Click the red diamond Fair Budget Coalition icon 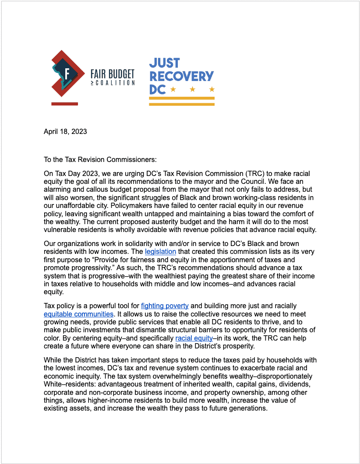67,74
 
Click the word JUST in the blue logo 164,63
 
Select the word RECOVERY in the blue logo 181,76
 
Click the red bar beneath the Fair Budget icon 64,104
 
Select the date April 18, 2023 65,132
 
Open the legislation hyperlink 160,252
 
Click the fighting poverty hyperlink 165,306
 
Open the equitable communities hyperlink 78,314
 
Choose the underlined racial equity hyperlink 194,338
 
